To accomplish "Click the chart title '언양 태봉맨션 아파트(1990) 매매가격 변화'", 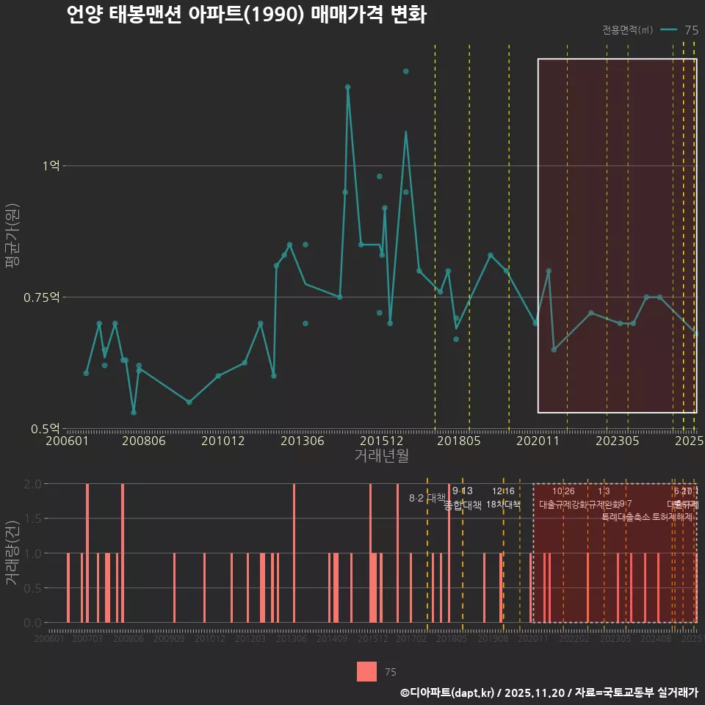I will coord(246,15).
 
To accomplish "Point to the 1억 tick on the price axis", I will coord(51,166).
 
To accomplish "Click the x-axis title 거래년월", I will coord(381,455).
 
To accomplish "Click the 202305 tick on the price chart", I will coord(617,441).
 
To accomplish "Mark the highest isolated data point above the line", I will coord(405,71).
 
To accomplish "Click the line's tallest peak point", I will coord(348,87).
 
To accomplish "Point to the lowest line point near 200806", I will coord(134,412).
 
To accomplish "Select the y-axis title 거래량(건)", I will coord(12,553).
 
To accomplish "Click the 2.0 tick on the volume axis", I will coord(33,484).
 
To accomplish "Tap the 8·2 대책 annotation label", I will coord(427,498).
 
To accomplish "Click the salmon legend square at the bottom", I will coord(366,671).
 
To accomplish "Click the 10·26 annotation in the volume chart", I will coord(563,491).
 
